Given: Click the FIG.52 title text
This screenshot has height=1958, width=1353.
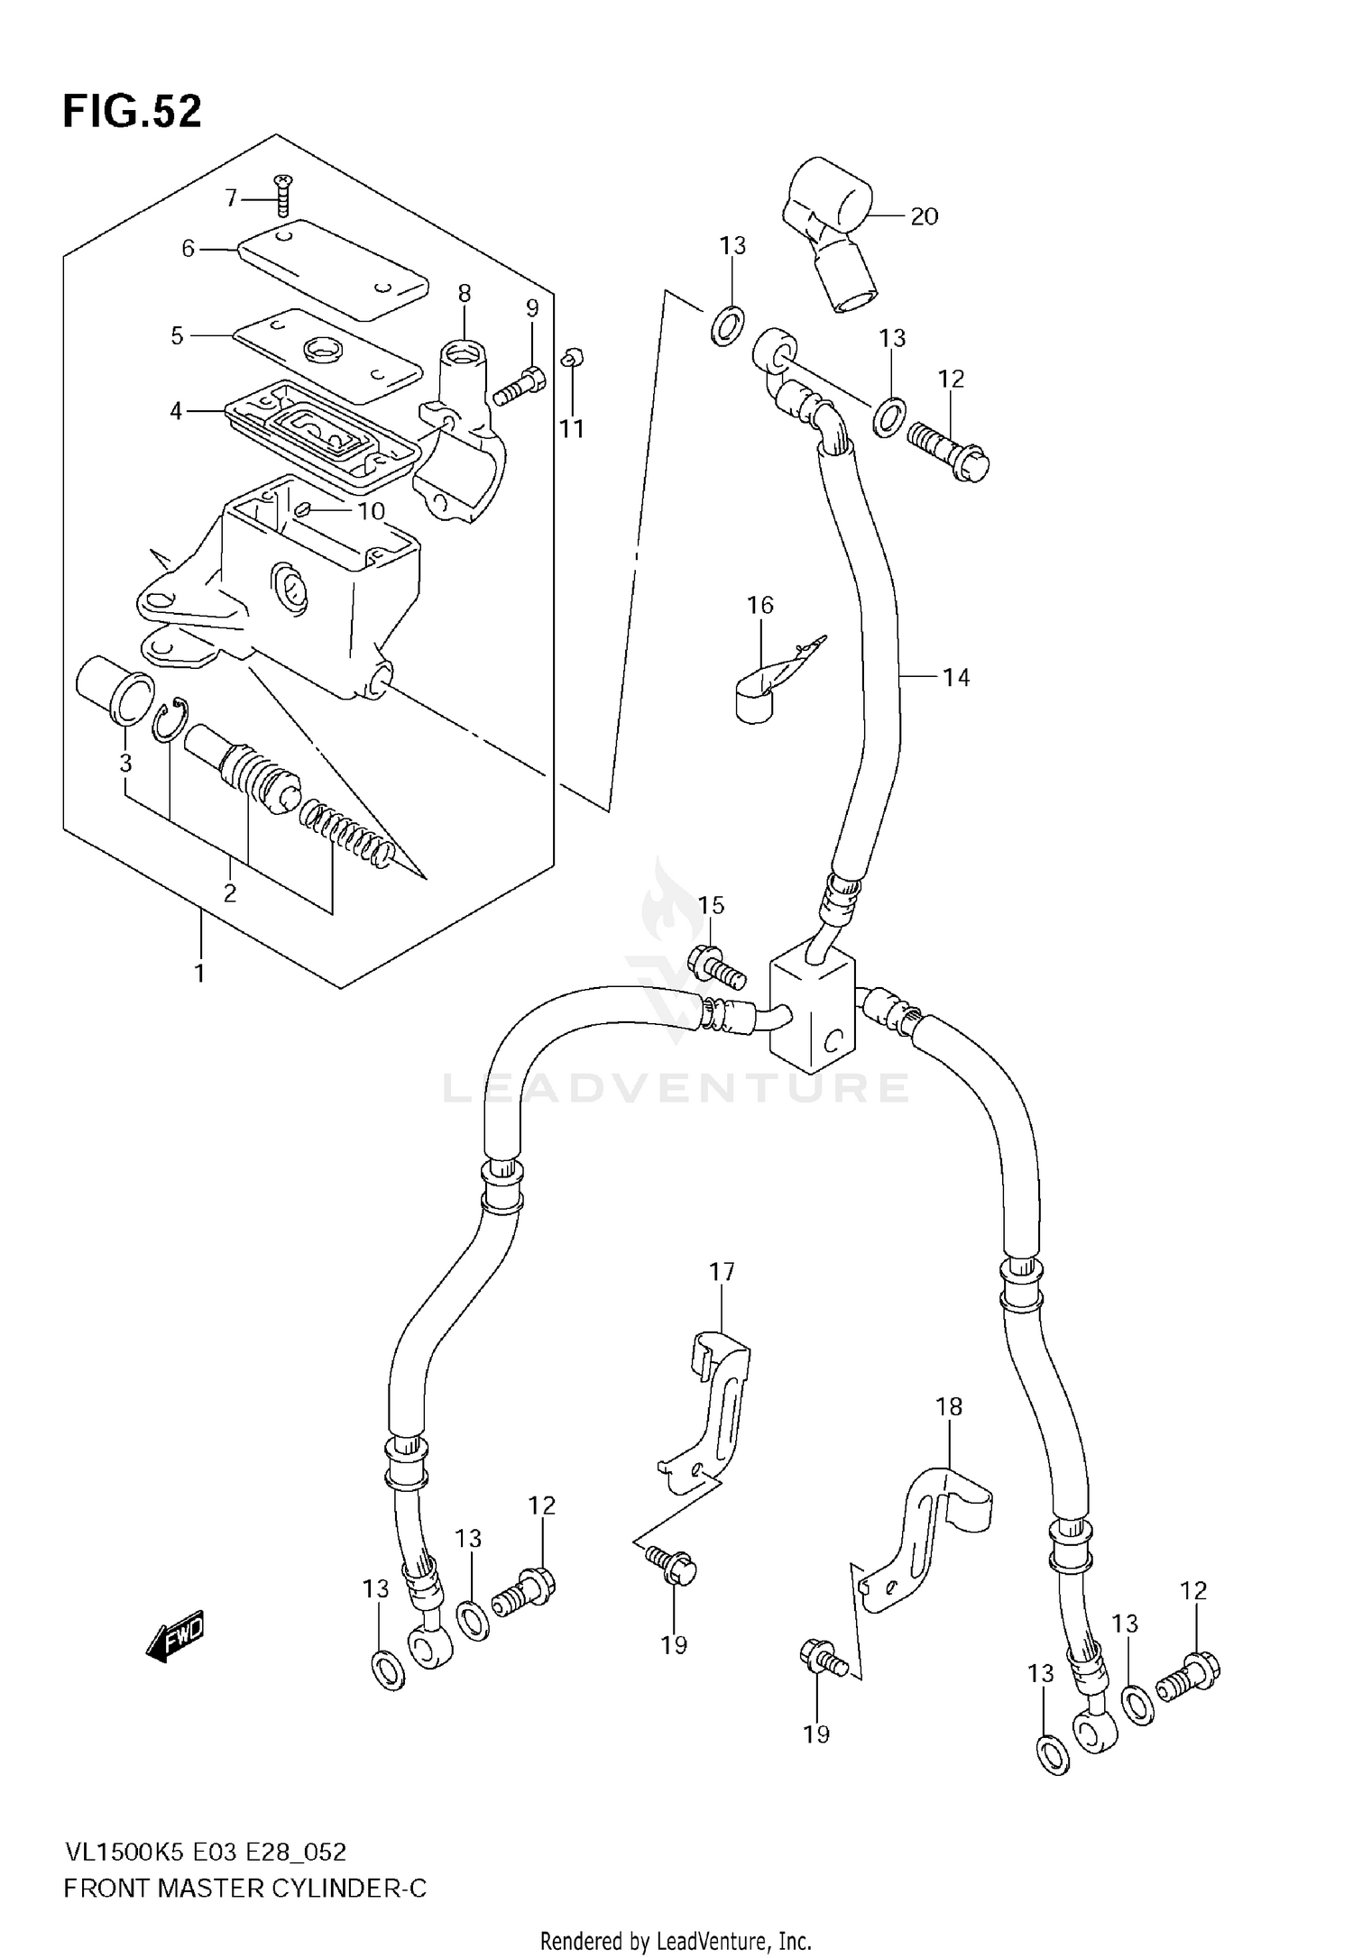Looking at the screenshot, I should coord(132,112).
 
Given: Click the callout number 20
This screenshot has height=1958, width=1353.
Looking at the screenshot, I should coord(924,216).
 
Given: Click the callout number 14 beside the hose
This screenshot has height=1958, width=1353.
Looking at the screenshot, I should coord(955,677).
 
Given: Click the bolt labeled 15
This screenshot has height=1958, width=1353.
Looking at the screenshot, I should coord(717,965).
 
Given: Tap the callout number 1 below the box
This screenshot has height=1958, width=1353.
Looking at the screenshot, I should coord(199,974).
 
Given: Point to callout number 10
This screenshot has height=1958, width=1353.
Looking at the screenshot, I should coord(371,512).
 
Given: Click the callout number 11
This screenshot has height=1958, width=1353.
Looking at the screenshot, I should coord(572,429).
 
